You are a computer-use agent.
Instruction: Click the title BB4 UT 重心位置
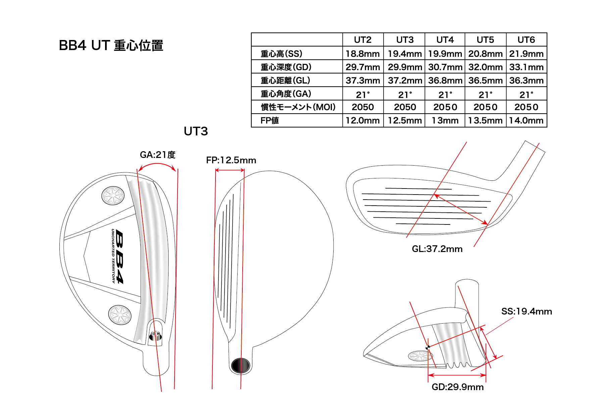point(111,45)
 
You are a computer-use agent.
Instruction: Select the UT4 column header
point(445,40)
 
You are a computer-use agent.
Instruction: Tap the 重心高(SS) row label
point(281,53)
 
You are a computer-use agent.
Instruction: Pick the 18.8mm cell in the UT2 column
point(362,53)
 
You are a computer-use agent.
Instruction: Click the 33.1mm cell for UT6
point(526,67)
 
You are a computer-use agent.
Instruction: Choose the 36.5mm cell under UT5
point(485,80)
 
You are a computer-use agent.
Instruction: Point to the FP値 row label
point(269,120)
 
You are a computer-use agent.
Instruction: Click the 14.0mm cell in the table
point(526,120)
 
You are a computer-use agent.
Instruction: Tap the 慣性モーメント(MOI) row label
point(298,107)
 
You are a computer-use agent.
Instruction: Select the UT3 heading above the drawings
point(196,131)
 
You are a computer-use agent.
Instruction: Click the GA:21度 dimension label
point(157,155)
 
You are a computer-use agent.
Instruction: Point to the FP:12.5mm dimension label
point(231,160)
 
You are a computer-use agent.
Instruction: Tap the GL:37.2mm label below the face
point(437,249)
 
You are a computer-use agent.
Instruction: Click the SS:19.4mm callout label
point(526,311)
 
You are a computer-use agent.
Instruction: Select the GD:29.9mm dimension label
point(457,387)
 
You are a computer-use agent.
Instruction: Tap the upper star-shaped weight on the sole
point(113,196)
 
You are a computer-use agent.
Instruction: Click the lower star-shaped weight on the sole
point(120,315)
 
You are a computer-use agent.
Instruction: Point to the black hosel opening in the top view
point(241,365)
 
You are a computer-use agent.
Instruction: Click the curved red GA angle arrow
point(157,164)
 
